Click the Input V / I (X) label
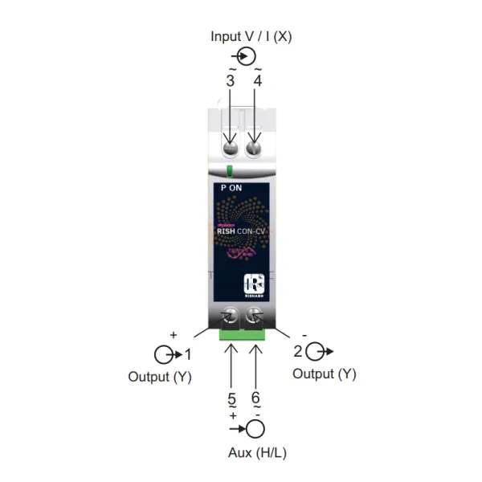point(251,36)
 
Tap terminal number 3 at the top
point(231,80)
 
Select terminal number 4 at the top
point(257,80)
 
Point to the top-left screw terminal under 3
point(230,148)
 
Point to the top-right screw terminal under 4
point(255,148)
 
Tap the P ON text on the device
point(231,187)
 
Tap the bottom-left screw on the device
point(230,316)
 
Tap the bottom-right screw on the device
point(256,316)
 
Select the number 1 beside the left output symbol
point(188,353)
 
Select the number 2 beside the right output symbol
point(298,351)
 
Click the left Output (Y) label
point(160,376)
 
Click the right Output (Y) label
point(324,374)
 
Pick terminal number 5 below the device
point(231,398)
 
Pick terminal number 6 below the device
point(256,398)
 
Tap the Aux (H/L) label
point(257,452)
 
